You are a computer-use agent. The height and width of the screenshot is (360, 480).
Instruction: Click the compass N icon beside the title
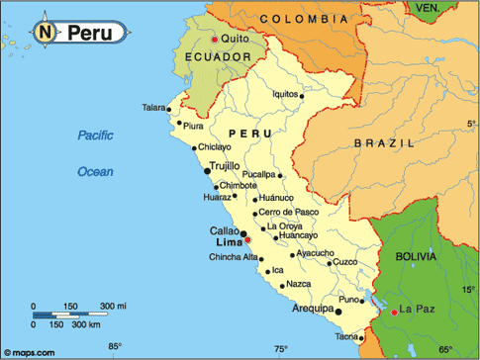tap(48, 33)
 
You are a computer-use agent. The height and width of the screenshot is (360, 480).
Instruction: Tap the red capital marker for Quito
tap(214, 40)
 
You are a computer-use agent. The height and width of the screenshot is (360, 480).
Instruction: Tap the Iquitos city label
tap(285, 94)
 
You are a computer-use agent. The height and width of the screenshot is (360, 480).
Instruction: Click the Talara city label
tap(154, 107)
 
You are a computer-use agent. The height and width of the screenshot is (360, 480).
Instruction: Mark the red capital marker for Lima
tap(248, 239)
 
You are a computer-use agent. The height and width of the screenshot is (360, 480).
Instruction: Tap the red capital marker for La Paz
tap(395, 312)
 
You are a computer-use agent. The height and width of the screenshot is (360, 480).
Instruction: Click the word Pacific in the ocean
tap(98, 135)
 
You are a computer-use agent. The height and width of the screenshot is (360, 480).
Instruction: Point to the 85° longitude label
tap(115, 347)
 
